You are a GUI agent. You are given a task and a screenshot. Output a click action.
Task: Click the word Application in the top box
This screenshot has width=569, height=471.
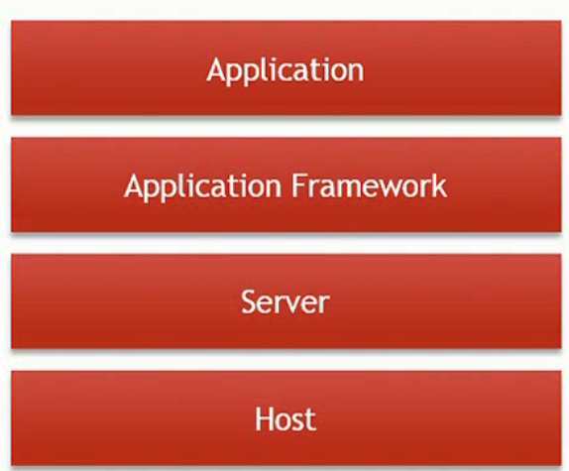(x=285, y=70)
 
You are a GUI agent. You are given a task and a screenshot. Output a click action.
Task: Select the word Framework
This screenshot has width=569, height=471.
(x=370, y=185)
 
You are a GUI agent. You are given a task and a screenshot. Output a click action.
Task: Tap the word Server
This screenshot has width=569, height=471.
(x=285, y=301)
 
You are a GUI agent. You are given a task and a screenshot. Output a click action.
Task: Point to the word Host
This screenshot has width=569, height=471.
(x=285, y=418)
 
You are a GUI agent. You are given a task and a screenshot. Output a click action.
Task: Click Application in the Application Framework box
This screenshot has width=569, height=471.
(x=203, y=187)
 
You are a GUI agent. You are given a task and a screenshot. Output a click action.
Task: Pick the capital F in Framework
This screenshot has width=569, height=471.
(x=298, y=185)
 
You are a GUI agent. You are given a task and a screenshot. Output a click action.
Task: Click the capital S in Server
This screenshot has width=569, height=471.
(x=249, y=301)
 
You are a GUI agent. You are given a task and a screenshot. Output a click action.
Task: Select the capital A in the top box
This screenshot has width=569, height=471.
(x=217, y=69)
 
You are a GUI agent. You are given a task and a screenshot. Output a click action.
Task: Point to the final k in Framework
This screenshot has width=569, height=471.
(x=440, y=185)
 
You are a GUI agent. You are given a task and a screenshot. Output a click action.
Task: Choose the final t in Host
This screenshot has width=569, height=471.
(x=310, y=420)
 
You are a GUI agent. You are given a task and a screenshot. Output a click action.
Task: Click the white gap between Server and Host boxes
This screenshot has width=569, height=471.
(x=285, y=360)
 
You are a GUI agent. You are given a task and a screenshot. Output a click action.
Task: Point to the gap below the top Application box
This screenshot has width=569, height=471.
(x=285, y=127)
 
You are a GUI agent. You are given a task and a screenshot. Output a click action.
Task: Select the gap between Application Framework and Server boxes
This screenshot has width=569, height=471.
(x=285, y=244)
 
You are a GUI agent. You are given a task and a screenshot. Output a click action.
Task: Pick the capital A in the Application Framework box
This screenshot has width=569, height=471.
(x=135, y=185)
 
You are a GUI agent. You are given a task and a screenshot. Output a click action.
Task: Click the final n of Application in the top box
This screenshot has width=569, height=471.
(x=356, y=72)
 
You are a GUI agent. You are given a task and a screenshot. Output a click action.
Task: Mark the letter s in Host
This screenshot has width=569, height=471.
(x=297, y=422)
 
